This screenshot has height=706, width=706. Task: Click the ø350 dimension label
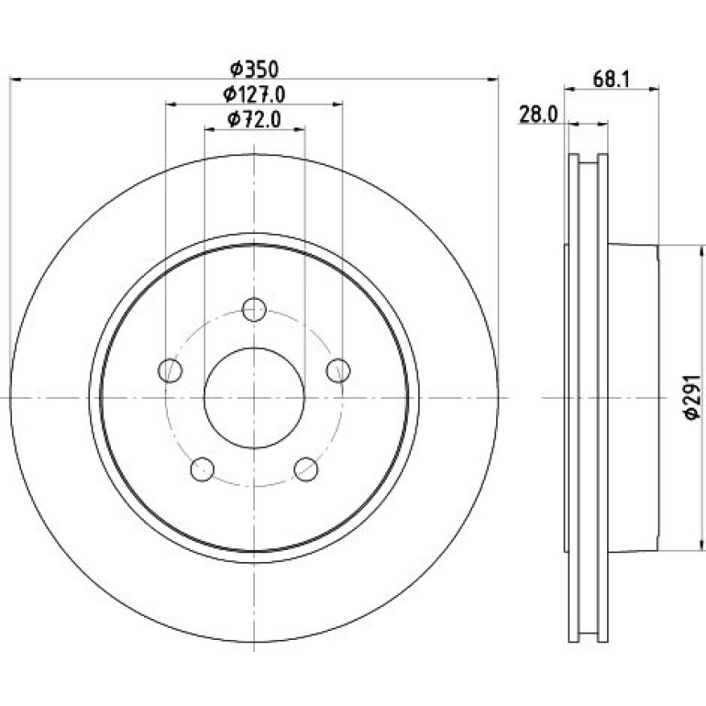click(x=254, y=70)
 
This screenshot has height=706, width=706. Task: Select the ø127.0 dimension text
click(x=254, y=94)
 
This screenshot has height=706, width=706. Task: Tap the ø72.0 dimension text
click(x=254, y=119)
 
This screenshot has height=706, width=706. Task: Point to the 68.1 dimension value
click(x=611, y=80)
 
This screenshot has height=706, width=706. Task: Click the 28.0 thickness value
click(x=538, y=115)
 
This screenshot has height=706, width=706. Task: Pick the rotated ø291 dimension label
click(x=692, y=397)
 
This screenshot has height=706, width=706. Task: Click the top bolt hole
click(x=254, y=309)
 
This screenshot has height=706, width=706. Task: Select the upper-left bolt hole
click(x=171, y=370)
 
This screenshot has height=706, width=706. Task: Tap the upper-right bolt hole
click(x=338, y=370)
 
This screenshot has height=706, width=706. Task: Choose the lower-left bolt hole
click(x=202, y=469)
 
